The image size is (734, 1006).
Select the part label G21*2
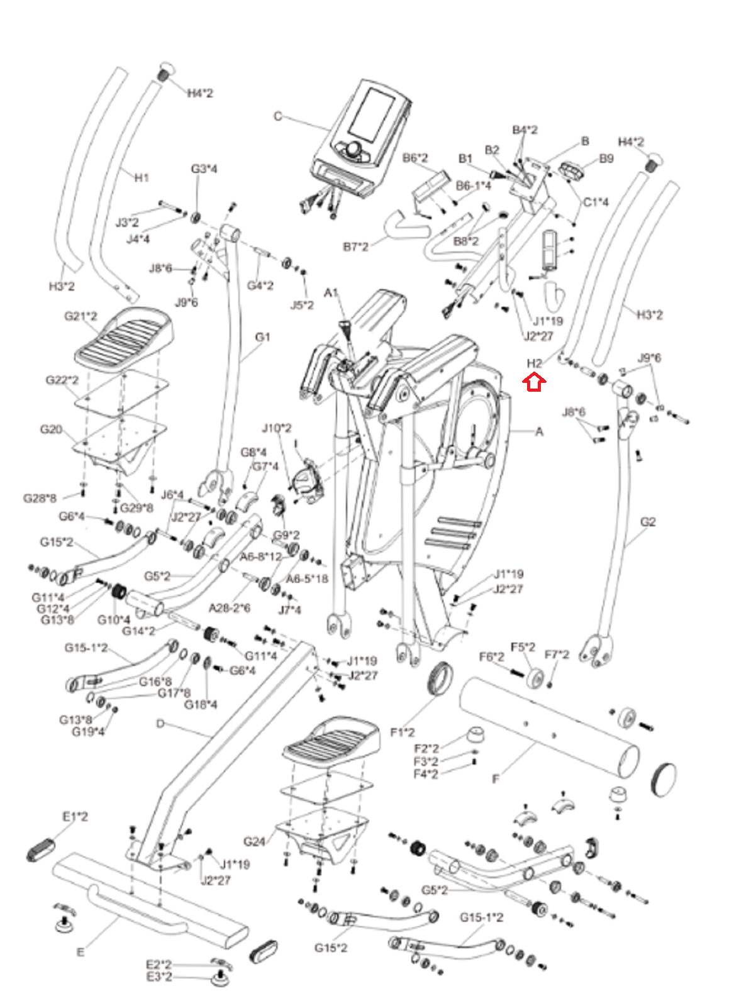pyautogui.click(x=81, y=316)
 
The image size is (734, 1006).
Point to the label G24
pyautogui.click(x=254, y=841)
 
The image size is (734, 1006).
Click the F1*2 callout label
pyautogui.click(x=403, y=732)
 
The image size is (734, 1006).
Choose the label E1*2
pyautogui.click(x=75, y=816)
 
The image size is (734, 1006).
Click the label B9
pyautogui.click(x=606, y=158)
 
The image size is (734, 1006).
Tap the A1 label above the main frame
pyautogui.click(x=331, y=292)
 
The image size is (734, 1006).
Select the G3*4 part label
pyautogui.click(x=204, y=169)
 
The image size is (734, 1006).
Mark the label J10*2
pyautogui.click(x=277, y=428)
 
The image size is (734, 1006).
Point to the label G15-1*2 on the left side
pyautogui.click(x=86, y=648)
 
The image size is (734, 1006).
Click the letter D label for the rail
pyautogui.click(x=160, y=724)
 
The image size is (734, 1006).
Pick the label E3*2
pyautogui.click(x=158, y=976)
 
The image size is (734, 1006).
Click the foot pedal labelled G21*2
pyautogui.click(x=124, y=336)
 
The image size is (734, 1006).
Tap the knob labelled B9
pyautogui.click(x=573, y=169)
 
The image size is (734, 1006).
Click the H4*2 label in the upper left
pyautogui.click(x=200, y=93)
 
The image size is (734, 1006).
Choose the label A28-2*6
pyautogui.click(x=229, y=607)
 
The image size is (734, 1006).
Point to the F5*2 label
pyautogui.click(x=523, y=647)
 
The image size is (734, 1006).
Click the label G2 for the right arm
pyautogui.click(x=647, y=521)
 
